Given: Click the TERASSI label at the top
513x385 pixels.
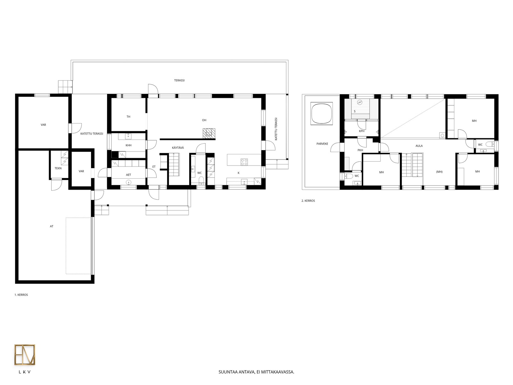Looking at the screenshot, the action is click(x=179, y=81).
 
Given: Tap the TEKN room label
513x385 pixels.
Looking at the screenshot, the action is click(x=58, y=168).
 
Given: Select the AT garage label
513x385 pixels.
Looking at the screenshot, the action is click(x=52, y=226).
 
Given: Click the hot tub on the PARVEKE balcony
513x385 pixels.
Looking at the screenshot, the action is click(x=322, y=113).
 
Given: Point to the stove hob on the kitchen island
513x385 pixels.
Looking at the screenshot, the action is click(x=244, y=162).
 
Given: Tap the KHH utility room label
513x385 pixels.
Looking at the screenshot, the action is click(x=129, y=145).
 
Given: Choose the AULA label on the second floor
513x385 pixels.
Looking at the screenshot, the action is click(x=419, y=146).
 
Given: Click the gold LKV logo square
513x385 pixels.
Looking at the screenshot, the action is click(x=25, y=355).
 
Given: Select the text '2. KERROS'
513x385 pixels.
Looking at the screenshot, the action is click(x=308, y=201).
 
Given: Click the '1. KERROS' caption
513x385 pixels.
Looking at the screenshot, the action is click(x=21, y=295).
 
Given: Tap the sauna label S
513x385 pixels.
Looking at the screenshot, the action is click(x=355, y=112).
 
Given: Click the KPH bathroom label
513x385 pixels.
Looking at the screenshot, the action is click(x=362, y=131).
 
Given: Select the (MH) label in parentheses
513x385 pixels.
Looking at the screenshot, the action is click(x=439, y=172).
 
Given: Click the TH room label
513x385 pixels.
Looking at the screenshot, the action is click(x=128, y=117).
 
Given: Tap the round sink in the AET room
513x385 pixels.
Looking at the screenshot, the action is click(x=128, y=183).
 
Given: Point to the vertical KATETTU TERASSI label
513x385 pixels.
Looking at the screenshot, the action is click(x=276, y=129).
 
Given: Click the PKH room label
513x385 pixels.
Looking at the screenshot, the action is click(x=360, y=150).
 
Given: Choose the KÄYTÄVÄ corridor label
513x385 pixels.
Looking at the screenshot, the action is click(x=178, y=148).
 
